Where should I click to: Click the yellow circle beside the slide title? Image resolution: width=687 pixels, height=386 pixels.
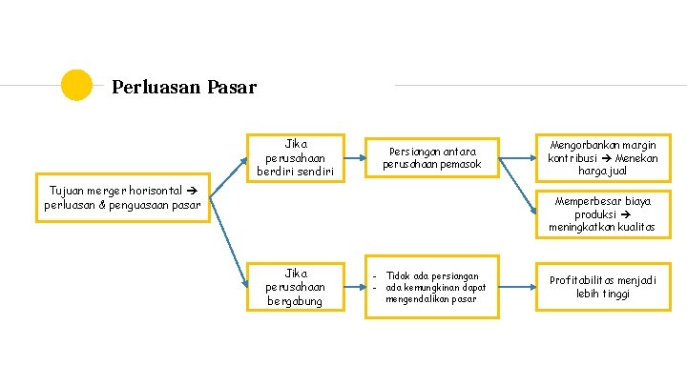click(76, 85)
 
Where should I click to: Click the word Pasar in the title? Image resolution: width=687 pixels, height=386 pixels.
click(232, 88)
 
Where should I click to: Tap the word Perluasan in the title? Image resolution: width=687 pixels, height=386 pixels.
click(156, 88)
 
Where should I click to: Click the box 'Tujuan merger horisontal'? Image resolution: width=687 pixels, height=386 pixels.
click(121, 198)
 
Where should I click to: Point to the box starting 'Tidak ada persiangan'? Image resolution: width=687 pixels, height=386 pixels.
click(434, 287)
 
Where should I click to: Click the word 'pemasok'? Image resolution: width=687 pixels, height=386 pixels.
click(459, 165)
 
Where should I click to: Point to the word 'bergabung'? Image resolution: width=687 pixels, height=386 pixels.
click(294, 301)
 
